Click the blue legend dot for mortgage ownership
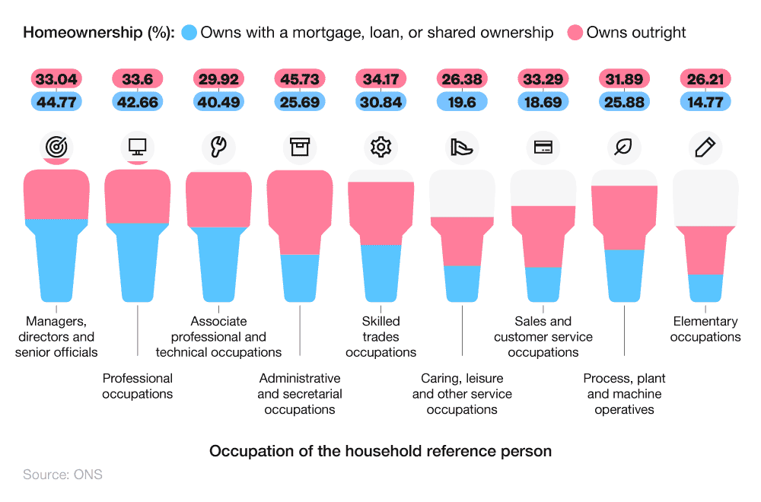coord(189,33)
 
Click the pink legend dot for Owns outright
coord(576,33)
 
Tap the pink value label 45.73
coord(300,79)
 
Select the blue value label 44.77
coord(56,101)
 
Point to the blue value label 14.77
coord(705,101)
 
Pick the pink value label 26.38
coord(462,79)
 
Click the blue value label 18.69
coord(543,101)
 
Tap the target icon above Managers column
coord(56,147)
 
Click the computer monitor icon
coord(138,147)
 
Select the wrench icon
coord(218,147)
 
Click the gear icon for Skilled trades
coord(380,147)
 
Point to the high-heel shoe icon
coord(462,147)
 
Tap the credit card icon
coord(543,148)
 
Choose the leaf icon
coord(624,147)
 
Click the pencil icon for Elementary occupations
coord(705,147)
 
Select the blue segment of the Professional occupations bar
coord(138,262)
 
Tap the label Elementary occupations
coord(705,329)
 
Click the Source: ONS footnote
coord(62,475)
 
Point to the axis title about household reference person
coord(380,451)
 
